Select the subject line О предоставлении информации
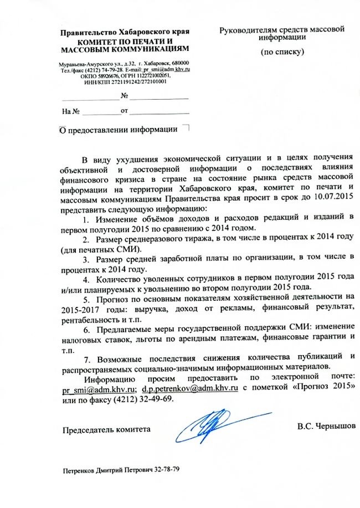point(119,130)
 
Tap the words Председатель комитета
point(106,429)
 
